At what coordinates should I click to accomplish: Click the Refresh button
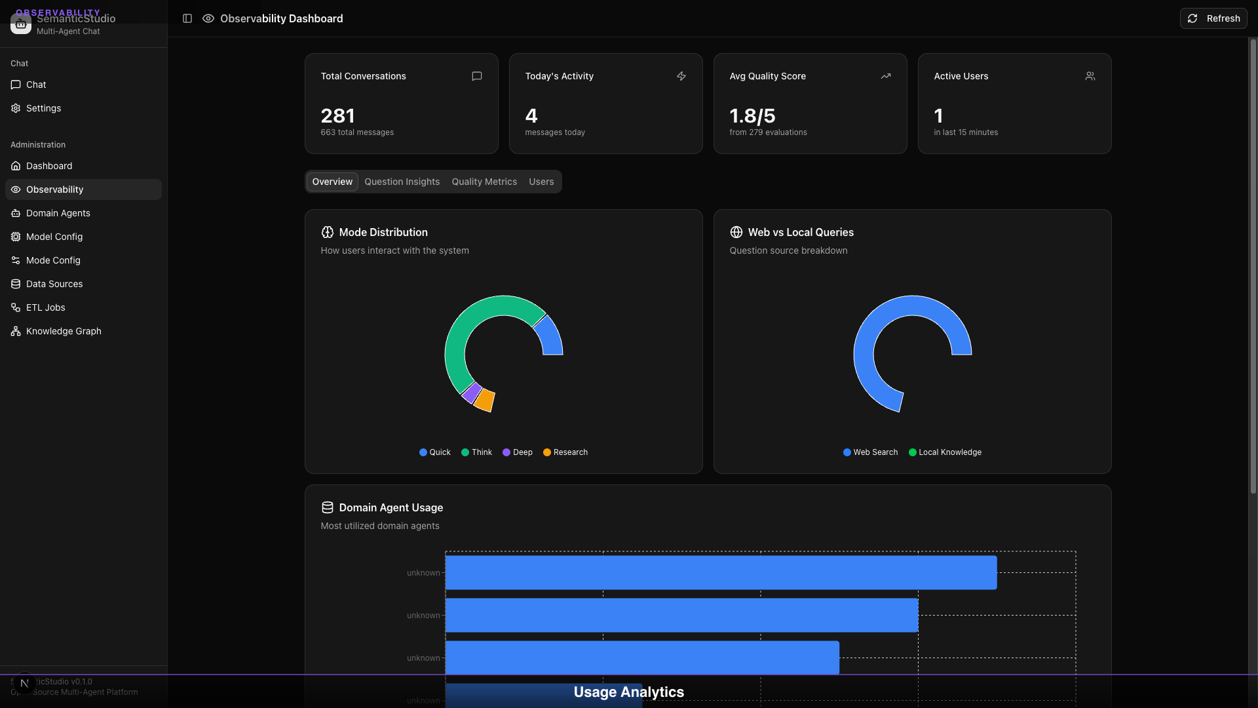1213,18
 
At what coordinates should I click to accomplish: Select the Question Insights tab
402,182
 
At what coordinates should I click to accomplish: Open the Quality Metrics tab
484,182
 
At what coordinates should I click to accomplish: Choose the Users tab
541,182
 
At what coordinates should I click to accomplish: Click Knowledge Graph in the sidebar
64,331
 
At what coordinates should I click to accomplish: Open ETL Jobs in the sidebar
45,307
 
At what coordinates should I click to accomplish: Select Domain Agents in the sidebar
58,213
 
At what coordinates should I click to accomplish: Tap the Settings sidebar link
43,108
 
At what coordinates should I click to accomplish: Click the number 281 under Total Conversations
337,116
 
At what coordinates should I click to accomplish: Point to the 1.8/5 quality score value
752,116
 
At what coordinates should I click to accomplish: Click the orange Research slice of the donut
484,399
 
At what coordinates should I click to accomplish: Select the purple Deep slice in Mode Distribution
471,392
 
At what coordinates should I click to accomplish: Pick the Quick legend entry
435,452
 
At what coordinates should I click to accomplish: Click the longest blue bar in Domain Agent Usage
721,572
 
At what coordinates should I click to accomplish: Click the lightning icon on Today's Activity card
681,76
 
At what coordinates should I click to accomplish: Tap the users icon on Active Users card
1090,76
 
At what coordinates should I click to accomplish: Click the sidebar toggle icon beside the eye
187,18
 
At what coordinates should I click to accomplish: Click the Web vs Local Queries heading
801,232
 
